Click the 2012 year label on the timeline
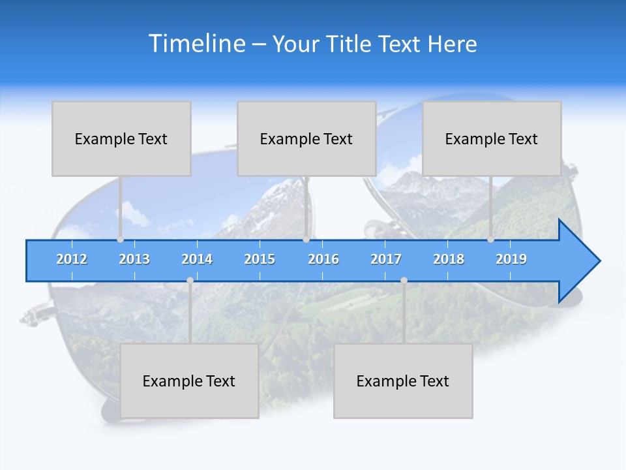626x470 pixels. click(72, 259)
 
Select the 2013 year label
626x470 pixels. click(134, 259)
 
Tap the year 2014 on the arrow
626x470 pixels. click(197, 259)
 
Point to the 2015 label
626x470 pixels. click(260, 259)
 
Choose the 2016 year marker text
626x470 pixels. click(323, 259)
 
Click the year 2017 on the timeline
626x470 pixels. click(386, 259)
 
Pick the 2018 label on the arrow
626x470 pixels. click(449, 259)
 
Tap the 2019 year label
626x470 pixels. click(511, 259)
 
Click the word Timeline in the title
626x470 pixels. click(195, 44)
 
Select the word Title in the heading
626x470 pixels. click(351, 44)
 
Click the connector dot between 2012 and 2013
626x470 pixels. click(120, 240)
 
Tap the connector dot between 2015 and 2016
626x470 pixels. click(306, 240)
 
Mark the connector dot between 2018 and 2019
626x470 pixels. click(491, 240)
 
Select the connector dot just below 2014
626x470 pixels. click(190, 281)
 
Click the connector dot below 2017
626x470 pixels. click(404, 281)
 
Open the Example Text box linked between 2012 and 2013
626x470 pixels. click(121, 138)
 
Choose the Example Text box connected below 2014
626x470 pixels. click(189, 381)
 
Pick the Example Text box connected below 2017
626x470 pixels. click(403, 381)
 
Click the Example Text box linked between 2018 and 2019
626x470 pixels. click(492, 138)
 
